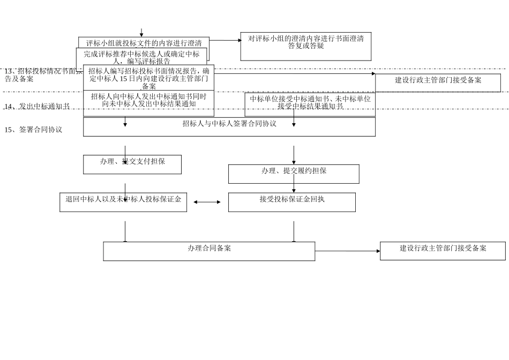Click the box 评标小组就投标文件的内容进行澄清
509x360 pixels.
(144, 42)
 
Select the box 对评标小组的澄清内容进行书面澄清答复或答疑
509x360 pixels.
(305, 46)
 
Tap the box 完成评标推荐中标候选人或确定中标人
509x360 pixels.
(141, 57)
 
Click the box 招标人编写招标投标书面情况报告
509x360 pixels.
(148, 78)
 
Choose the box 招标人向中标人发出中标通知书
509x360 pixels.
(148, 103)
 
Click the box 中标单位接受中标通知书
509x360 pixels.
(310, 104)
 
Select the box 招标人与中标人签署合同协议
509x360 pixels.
(229, 126)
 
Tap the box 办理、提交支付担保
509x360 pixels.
(132, 164)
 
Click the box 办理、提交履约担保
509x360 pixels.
(294, 174)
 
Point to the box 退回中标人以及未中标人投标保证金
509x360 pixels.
(123, 202)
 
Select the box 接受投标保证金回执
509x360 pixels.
(291, 202)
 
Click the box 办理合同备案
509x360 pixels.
(209, 251)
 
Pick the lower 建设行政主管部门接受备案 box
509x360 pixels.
(443, 251)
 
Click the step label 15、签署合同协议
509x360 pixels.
(33, 130)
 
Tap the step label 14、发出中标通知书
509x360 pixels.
(37, 107)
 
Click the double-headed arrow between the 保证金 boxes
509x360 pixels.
(207, 202)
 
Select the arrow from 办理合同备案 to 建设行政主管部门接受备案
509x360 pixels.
(347, 251)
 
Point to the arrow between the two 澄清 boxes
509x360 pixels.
(225, 40)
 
